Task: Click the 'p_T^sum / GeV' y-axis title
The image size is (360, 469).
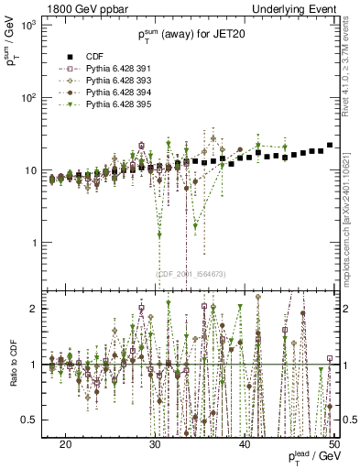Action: click(11, 53)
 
